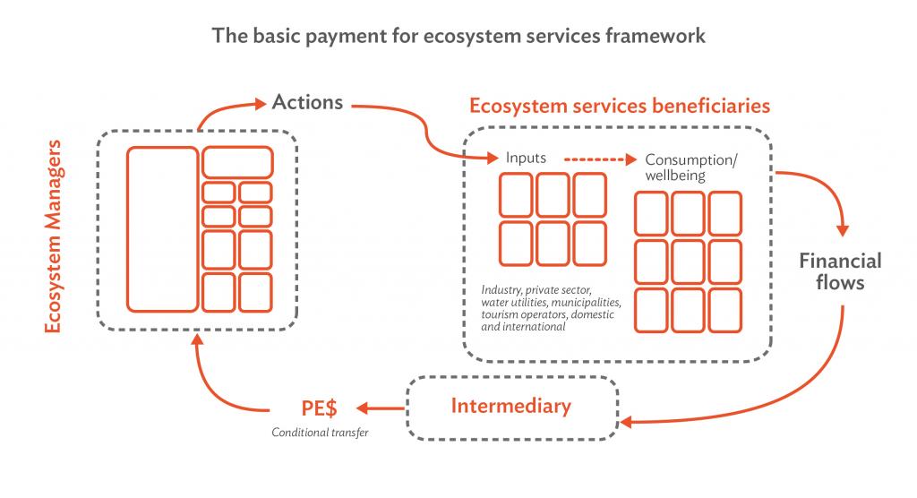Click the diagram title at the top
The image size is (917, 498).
[458, 37]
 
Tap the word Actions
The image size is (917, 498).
[308, 102]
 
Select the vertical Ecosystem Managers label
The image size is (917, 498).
[53, 236]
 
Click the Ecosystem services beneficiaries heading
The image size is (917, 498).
[620, 106]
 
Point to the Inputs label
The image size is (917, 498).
[526, 158]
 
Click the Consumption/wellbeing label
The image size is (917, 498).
[691, 167]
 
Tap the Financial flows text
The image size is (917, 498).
[840, 271]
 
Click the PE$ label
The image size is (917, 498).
[320, 408]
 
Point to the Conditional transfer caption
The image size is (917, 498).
[320, 433]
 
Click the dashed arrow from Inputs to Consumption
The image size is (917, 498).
[600, 159]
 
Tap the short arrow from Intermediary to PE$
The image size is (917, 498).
[380, 408]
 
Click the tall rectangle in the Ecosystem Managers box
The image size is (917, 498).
[163, 228]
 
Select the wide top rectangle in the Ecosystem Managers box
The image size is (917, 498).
[237, 162]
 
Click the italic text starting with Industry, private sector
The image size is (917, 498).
[551, 308]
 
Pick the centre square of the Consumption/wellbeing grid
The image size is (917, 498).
[689, 262]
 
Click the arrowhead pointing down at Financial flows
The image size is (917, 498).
[843, 230]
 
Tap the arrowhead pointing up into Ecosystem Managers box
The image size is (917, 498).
[198, 340]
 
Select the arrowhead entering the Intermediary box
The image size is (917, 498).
[626, 422]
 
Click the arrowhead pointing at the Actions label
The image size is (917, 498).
[260, 104]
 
